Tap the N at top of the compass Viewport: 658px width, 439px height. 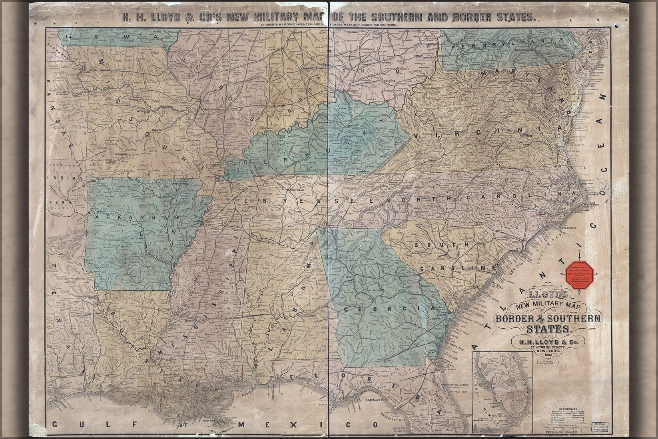click(x=579, y=251)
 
